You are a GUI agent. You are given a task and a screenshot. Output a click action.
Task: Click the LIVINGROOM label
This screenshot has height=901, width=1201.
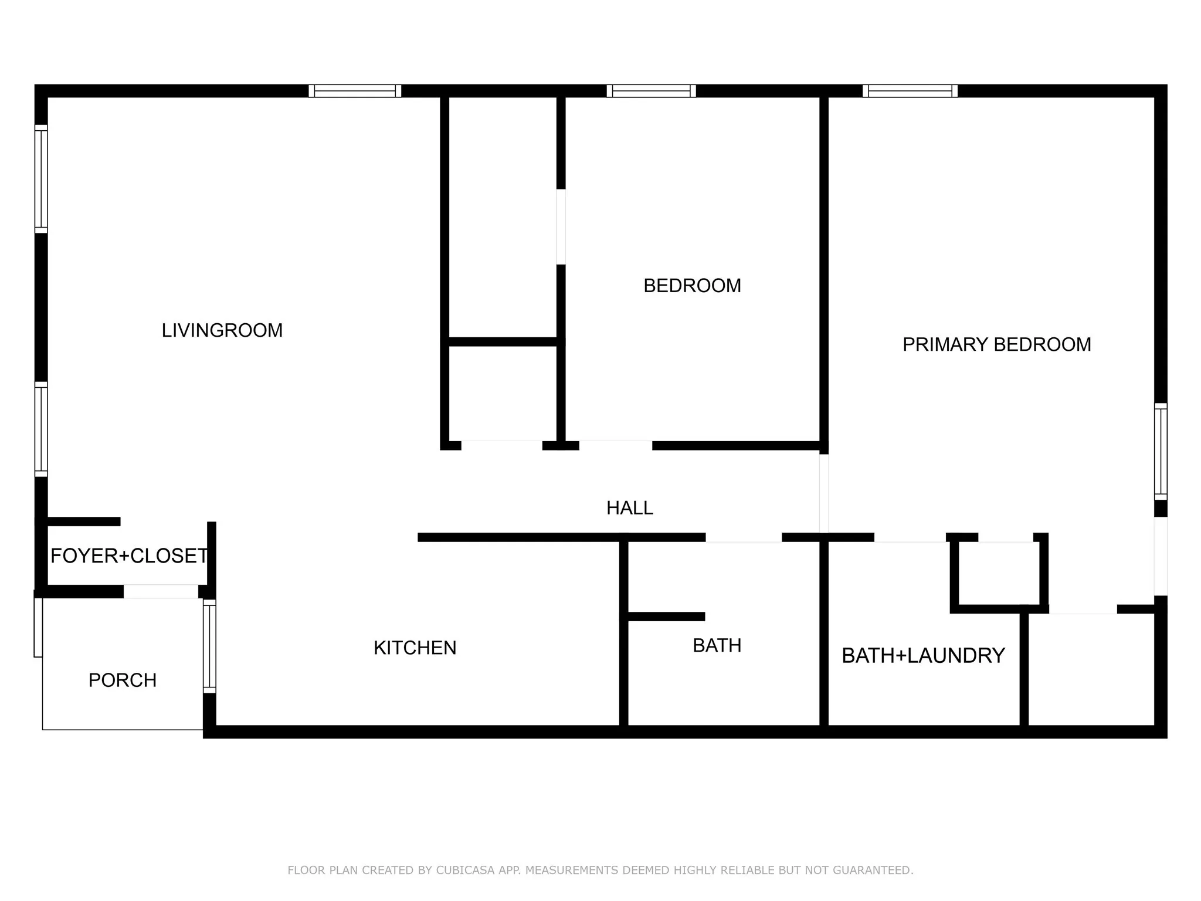click(x=222, y=330)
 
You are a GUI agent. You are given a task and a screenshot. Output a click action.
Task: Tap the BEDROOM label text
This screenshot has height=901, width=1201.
click(x=692, y=286)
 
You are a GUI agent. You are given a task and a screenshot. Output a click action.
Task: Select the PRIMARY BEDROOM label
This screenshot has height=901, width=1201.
click(x=997, y=344)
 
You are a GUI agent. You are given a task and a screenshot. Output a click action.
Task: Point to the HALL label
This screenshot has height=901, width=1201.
click(x=630, y=507)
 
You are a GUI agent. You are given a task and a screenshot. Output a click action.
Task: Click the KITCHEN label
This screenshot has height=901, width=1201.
click(x=415, y=648)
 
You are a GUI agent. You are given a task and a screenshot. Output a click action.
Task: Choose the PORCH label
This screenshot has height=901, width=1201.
click(x=123, y=680)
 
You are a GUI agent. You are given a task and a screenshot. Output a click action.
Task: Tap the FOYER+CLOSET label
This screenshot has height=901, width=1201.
click(x=129, y=555)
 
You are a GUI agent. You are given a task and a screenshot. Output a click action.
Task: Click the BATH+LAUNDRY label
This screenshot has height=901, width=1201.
click(x=924, y=655)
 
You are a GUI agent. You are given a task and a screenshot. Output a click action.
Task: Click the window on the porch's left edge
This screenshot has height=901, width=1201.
click(x=38, y=627)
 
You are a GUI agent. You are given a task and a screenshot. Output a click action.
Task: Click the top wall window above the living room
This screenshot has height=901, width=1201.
click(x=355, y=91)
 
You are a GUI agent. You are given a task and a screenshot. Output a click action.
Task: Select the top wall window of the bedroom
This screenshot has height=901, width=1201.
click(x=651, y=91)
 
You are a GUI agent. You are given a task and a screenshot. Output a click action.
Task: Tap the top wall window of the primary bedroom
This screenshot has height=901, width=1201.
click(x=910, y=91)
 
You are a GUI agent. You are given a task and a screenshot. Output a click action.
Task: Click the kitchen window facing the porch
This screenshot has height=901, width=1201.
click(x=209, y=646)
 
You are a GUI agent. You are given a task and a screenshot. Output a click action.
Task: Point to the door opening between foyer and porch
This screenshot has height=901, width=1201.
click(x=161, y=591)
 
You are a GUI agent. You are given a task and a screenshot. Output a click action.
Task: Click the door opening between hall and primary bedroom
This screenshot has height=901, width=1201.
click(x=824, y=493)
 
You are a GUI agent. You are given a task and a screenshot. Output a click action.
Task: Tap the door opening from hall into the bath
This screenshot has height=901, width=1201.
click(x=744, y=537)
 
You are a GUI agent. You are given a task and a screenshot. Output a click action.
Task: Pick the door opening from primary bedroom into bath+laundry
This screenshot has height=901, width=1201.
click(x=910, y=537)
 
